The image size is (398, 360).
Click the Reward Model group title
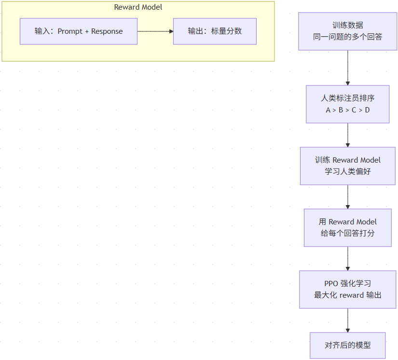point(138,7)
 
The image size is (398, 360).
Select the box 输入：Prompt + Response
point(79,31)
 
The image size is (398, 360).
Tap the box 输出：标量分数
point(215,31)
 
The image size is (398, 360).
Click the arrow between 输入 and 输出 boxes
point(155,31)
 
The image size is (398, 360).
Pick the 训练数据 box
point(348,31)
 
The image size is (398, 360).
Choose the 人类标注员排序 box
point(348,104)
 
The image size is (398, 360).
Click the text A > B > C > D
point(348,110)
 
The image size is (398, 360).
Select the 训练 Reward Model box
point(348,166)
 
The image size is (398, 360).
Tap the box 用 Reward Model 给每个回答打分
point(348,228)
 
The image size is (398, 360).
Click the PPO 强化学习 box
point(348,290)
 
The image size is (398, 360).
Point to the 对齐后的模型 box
point(348,345)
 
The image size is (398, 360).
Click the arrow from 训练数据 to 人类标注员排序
point(348,68)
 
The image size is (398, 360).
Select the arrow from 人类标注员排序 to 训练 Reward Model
point(348,135)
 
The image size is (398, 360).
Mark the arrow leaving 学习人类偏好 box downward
point(348,197)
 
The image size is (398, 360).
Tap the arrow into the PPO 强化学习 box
point(348,259)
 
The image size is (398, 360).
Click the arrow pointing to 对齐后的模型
point(348,320)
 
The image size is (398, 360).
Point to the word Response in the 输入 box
point(107,31)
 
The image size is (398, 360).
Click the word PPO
point(331,283)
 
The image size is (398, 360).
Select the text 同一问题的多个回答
point(348,37)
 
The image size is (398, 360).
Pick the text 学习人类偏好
point(348,171)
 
